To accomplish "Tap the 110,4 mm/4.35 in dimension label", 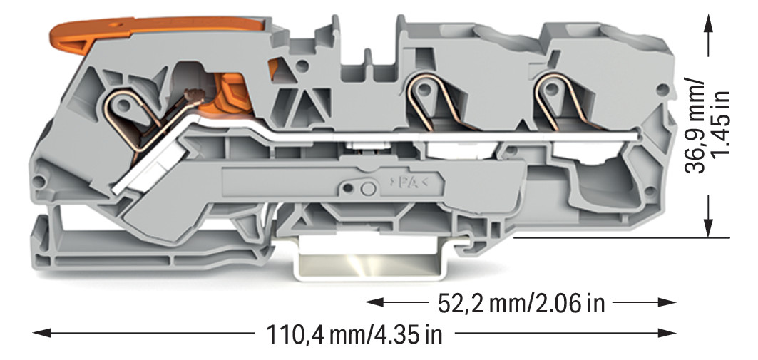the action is (x=354, y=334).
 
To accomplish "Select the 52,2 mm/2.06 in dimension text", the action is (x=521, y=303).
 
